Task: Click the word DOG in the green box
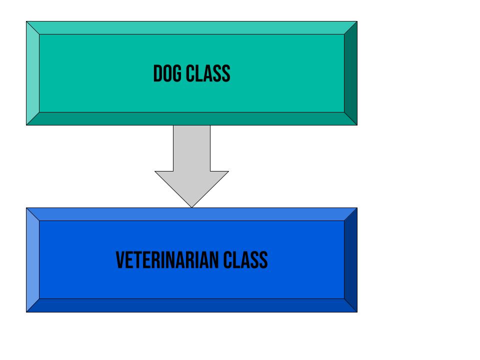(167, 73)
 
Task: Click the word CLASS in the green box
(208, 73)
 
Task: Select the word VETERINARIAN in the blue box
(167, 260)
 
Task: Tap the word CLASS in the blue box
(245, 260)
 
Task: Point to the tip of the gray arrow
(191, 207)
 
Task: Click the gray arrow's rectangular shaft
(191, 148)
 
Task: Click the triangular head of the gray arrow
(191, 186)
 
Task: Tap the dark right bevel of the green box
(351, 73)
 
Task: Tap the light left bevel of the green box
(33, 73)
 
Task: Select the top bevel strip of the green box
(191, 28)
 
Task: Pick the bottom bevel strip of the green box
(191, 119)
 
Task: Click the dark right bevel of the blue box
(351, 260)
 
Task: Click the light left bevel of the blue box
(33, 260)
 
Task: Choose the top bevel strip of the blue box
(191, 214)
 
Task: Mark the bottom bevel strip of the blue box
(191, 305)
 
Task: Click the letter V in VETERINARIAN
(120, 260)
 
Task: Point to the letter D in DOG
(157, 73)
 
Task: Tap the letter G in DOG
(177, 73)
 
